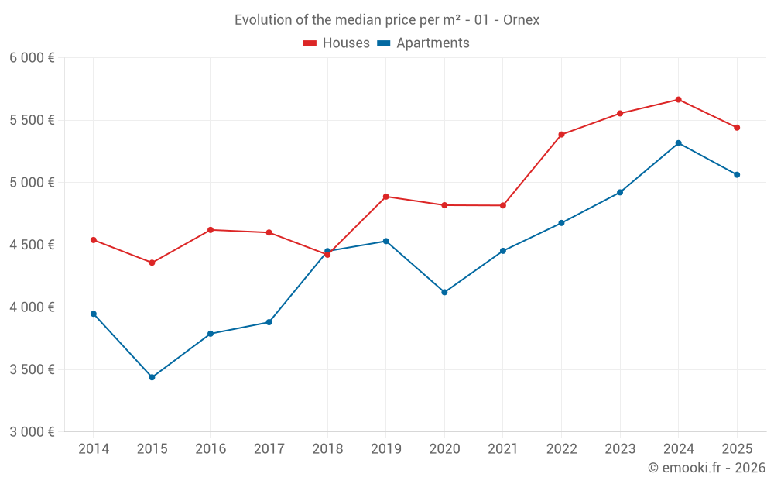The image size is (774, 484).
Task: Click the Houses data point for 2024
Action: (x=678, y=99)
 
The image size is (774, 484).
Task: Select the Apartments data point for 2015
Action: (x=152, y=377)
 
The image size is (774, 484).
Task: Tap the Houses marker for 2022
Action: (x=561, y=135)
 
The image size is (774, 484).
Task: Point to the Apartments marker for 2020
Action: (x=444, y=292)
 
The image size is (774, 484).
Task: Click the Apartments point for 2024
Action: (x=678, y=143)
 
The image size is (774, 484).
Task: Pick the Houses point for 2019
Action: (x=385, y=197)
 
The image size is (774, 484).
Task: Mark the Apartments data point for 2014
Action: (x=94, y=314)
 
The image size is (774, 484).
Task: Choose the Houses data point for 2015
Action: (x=152, y=263)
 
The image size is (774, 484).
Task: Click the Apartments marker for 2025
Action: (x=737, y=174)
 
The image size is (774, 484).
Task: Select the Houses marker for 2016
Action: (x=211, y=230)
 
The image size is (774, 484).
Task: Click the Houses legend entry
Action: (x=337, y=43)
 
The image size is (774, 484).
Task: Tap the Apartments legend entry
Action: (x=423, y=43)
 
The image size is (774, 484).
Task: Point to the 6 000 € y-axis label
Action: (x=32, y=58)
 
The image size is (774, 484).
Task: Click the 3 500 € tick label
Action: (x=32, y=369)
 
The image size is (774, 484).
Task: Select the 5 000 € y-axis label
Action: (x=32, y=183)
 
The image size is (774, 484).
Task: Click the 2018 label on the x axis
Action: (x=327, y=449)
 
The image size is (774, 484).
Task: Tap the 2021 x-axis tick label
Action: (x=502, y=449)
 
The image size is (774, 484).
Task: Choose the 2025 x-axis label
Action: (x=737, y=449)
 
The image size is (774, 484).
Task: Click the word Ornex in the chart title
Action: (x=521, y=20)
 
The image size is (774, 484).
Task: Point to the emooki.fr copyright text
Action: (x=707, y=468)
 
